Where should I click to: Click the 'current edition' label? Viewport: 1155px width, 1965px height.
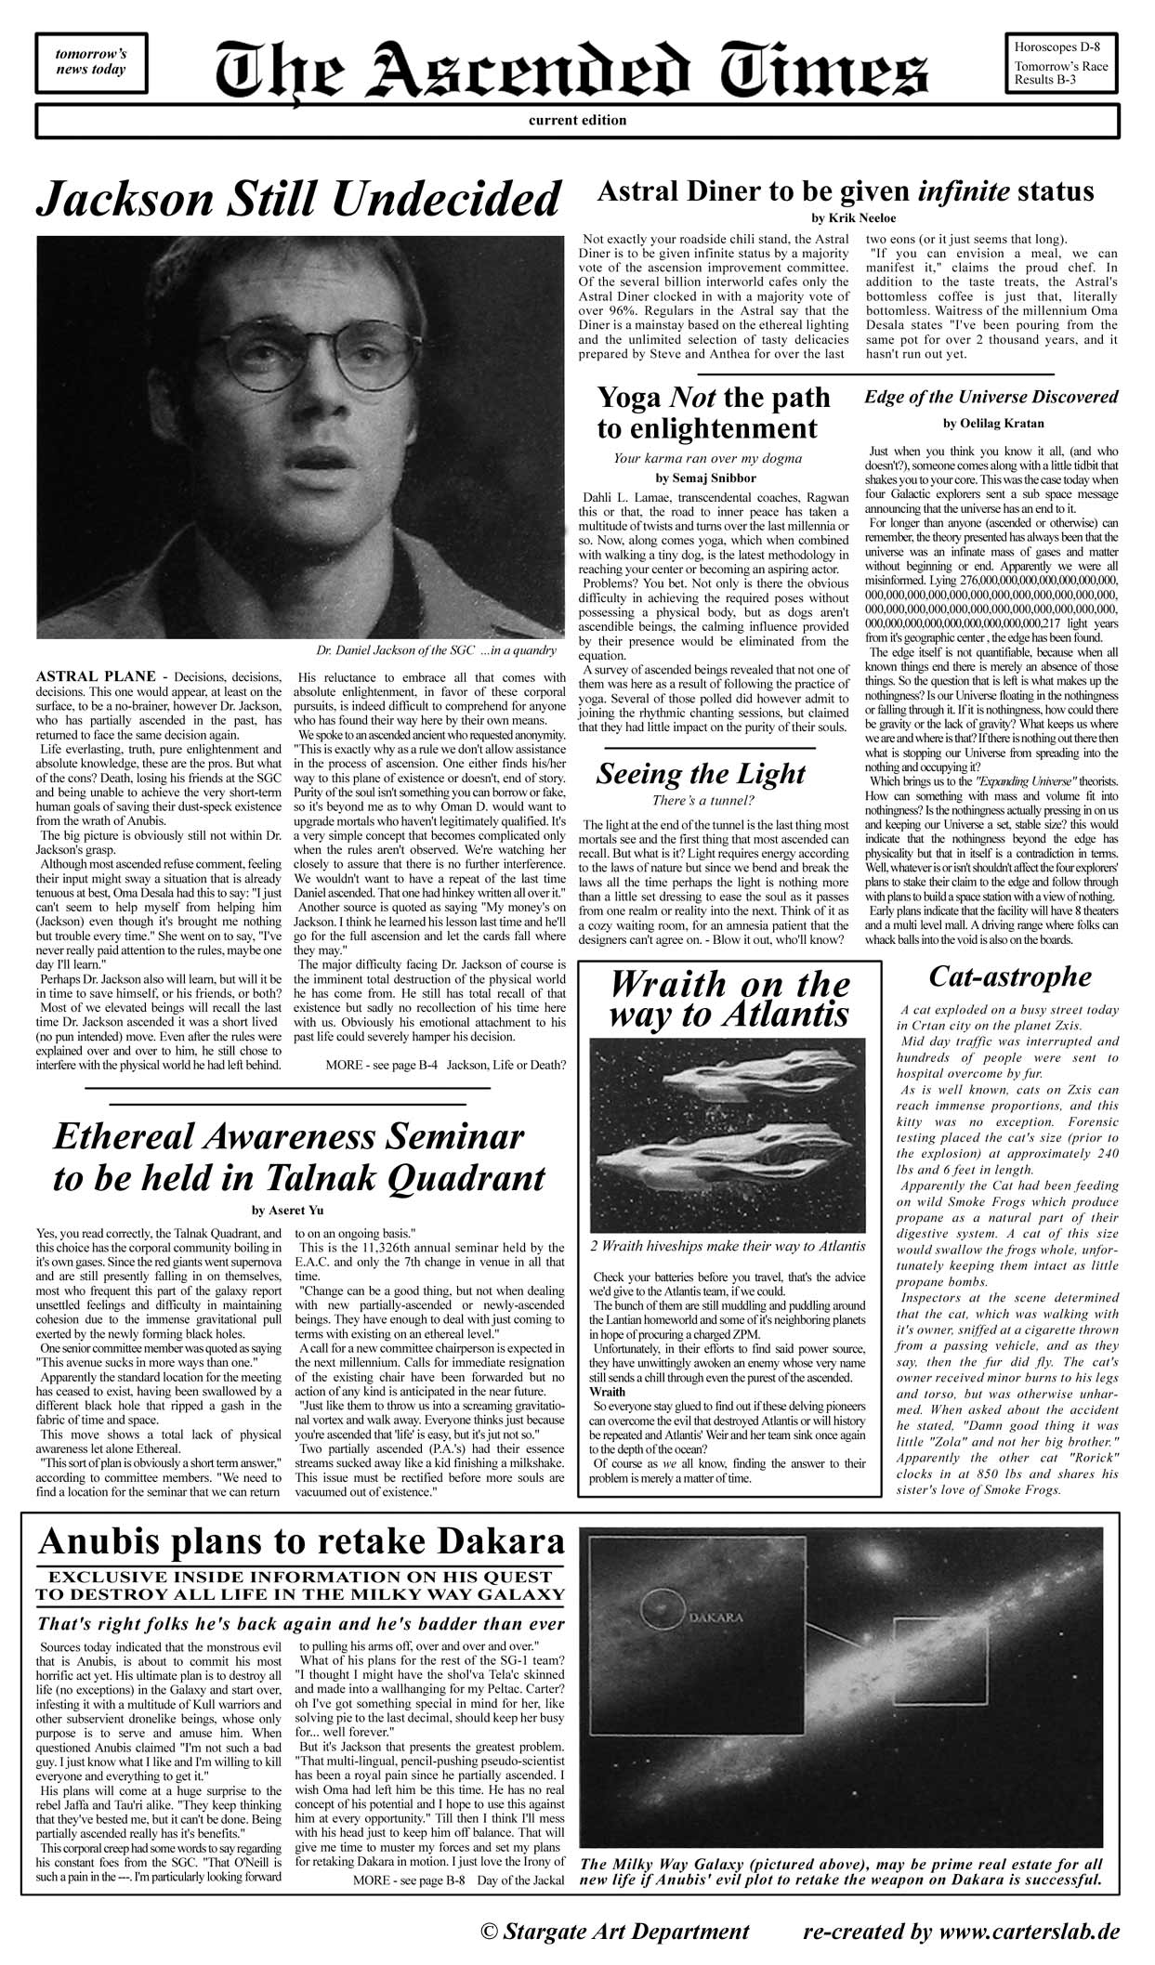(577, 120)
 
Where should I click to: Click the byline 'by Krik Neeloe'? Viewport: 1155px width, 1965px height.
(844, 218)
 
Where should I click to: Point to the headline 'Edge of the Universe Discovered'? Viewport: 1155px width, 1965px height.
(991, 397)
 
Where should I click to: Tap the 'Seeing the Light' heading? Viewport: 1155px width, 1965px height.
(701, 773)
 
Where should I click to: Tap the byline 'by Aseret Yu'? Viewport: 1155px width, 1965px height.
(287, 1210)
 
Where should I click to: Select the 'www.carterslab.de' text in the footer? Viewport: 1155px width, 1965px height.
(1028, 1932)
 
